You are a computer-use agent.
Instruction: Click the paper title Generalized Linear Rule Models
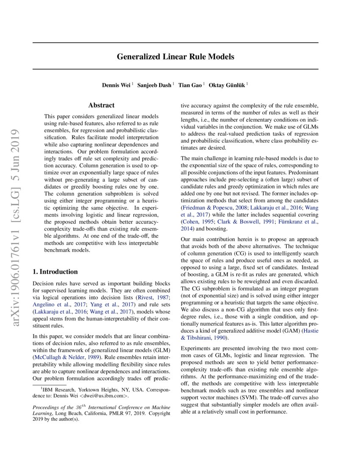[x=175, y=56]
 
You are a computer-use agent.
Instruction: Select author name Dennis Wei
[x=116, y=85]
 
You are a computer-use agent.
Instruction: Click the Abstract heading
[x=101, y=105]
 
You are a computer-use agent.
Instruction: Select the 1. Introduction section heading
[x=55, y=272]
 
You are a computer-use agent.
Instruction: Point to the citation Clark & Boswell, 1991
[x=238, y=221]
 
